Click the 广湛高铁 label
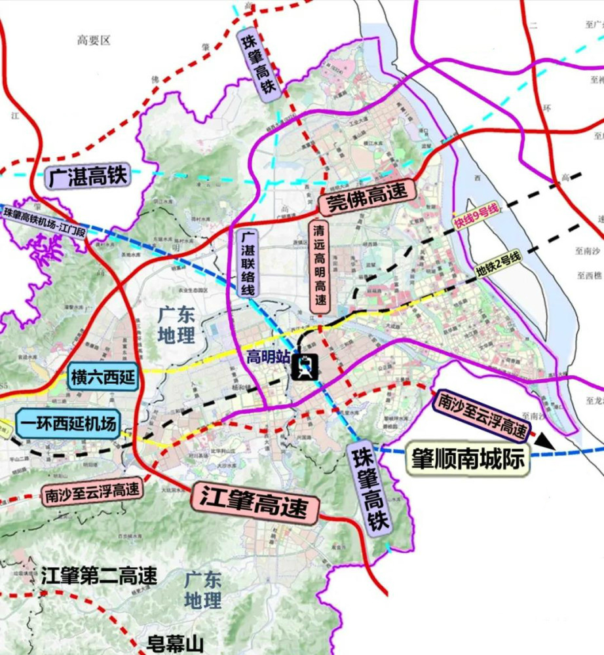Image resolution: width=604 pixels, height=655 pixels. [x=88, y=177]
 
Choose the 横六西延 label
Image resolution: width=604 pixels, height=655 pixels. [x=103, y=378]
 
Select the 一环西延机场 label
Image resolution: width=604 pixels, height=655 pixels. [x=67, y=424]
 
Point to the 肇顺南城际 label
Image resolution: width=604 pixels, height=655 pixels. [x=468, y=460]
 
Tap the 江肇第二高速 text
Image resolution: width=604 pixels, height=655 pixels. [x=99, y=576]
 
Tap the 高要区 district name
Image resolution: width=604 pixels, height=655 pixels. [x=94, y=41]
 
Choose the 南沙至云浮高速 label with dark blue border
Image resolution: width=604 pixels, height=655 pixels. [x=483, y=415]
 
